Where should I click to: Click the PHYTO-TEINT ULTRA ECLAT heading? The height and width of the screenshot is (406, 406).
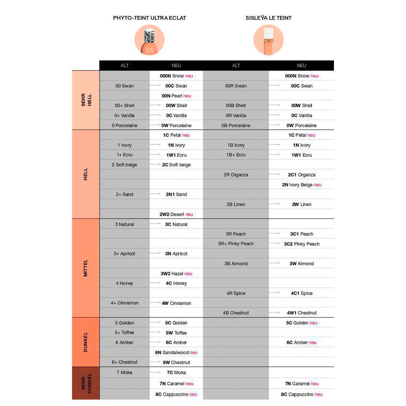coord(149,18)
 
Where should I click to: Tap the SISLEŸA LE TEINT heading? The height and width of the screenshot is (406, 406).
coord(268,18)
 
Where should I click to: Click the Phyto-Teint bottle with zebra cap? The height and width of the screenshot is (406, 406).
coord(150,40)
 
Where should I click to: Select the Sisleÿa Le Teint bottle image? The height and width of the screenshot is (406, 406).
coord(268,40)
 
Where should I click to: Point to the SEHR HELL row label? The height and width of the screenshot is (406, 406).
coord(86,100)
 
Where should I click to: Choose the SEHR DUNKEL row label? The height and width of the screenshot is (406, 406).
coord(86,383)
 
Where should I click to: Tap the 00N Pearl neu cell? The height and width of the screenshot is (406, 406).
coord(176,96)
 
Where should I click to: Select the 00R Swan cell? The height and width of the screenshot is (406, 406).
coord(236,86)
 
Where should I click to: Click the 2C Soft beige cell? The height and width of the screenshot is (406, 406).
coord(176,165)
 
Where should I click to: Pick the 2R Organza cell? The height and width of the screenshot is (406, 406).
coord(236,175)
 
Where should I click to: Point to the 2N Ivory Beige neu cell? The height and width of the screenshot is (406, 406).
coord(301,185)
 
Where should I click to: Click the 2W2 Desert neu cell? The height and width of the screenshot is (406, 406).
coord(176,215)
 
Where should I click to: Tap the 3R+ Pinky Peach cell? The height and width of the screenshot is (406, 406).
coord(236,244)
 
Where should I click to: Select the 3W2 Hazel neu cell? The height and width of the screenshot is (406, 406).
coord(176,274)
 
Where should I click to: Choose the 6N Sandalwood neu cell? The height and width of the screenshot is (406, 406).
coord(176,353)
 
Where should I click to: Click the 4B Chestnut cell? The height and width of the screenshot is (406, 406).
coord(236,313)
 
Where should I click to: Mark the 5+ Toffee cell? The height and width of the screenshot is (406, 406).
coord(125,333)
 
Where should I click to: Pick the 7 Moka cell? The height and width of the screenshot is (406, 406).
coord(125,373)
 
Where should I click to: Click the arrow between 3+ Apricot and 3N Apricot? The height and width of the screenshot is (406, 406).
coord(155,253)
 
